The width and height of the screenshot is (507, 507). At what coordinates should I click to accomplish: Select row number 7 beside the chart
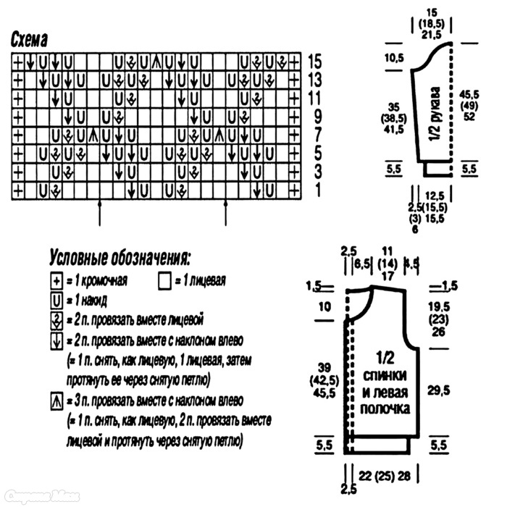coord(314,135)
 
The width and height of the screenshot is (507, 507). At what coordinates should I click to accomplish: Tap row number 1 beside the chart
coord(314,190)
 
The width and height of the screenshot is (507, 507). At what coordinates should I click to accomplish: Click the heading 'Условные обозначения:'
coord(120,257)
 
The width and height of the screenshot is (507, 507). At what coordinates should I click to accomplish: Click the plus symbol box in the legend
coord(55,281)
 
